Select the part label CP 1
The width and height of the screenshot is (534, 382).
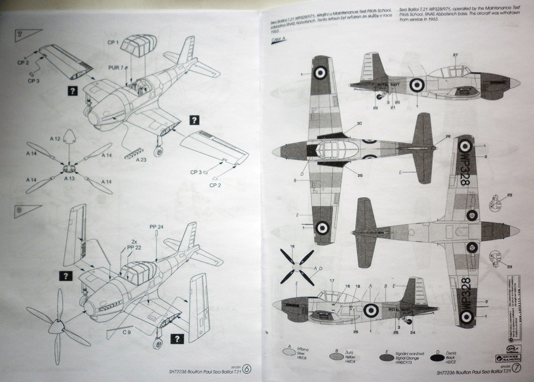coord(113,42)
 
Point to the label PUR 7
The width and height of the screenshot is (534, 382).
coord(116,68)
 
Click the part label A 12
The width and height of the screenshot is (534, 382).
coord(55,138)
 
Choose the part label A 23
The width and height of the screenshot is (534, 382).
coord(141,160)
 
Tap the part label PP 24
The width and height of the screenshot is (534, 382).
coord(156,227)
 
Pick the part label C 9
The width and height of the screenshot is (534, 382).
coord(127,332)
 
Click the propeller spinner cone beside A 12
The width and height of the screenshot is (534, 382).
coord(73,137)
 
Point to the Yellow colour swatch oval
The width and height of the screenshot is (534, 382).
coord(337,356)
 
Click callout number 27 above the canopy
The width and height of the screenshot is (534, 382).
coord(455,55)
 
